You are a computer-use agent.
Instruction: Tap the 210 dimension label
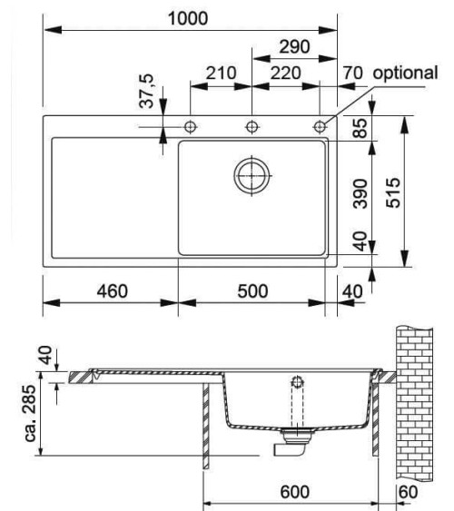coord(220,74)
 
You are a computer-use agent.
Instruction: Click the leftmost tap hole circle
coord(191,125)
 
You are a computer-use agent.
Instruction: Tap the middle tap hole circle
coord(252,125)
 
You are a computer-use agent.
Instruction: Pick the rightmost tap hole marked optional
coord(320,125)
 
